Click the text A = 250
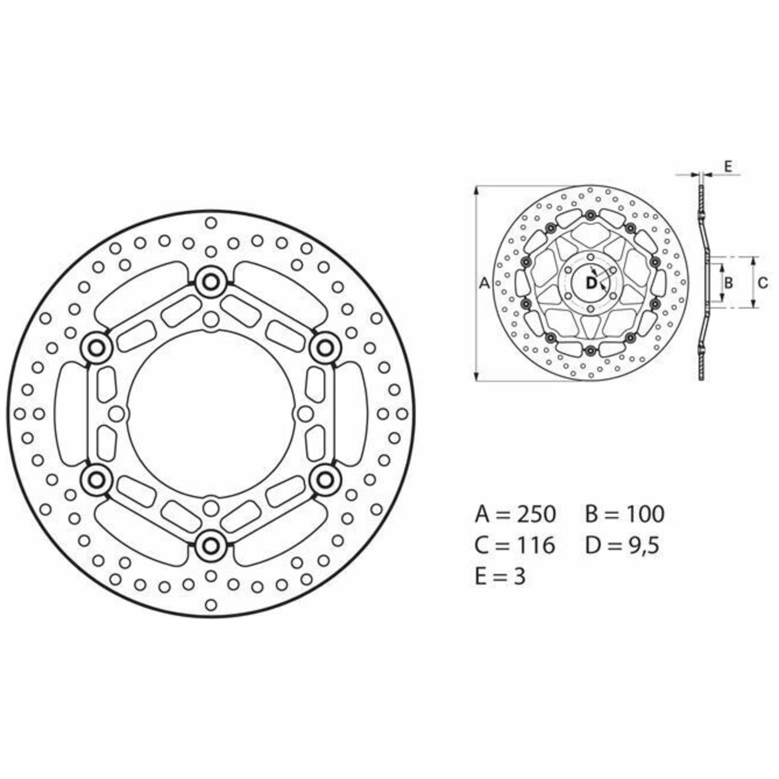(515, 514)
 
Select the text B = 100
(625, 514)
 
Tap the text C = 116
(515, 545)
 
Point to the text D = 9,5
(623, 545)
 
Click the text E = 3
(500, 576)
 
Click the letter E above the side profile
(728, 167)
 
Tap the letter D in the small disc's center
(592, 283)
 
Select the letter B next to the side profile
(729, 283)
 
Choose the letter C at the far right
(762, 283)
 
